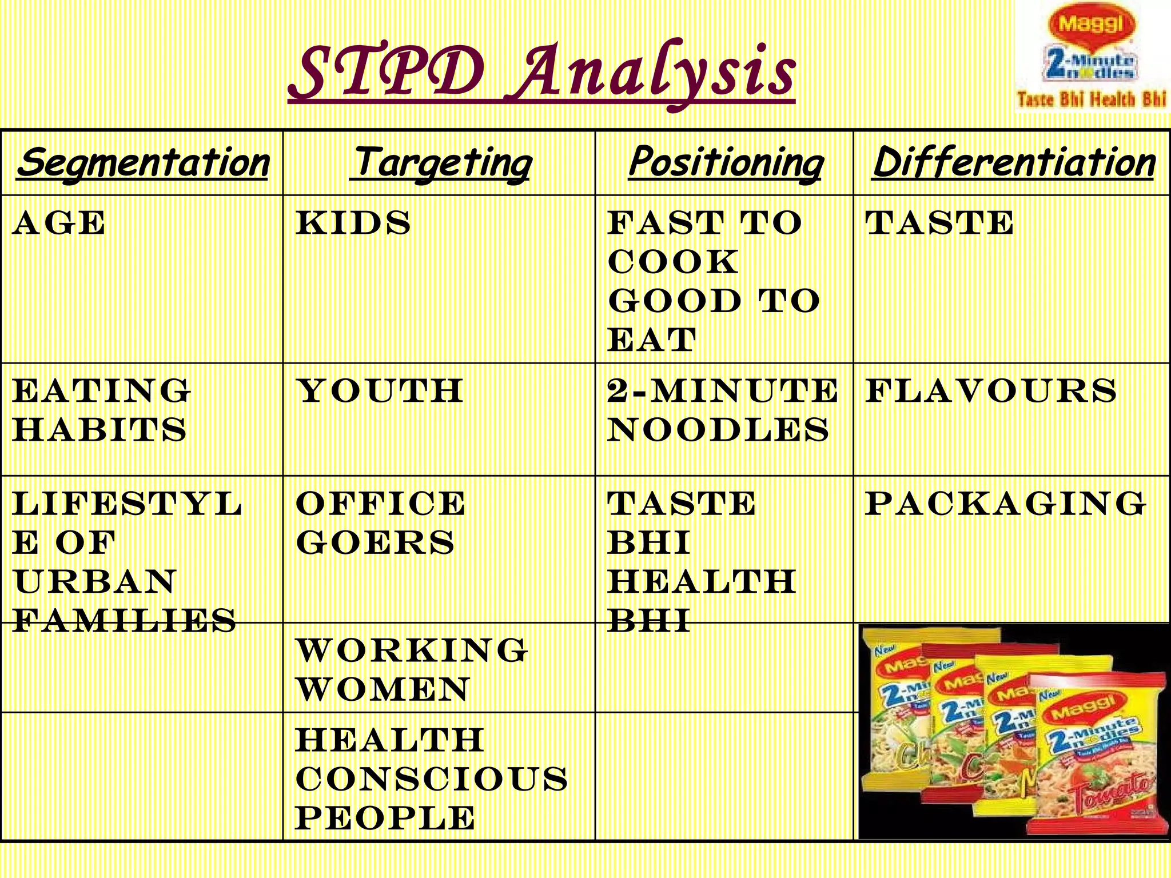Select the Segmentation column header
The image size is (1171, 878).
[143, 162]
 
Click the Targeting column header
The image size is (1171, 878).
[440, 162]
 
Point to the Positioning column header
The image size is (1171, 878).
[725, 162]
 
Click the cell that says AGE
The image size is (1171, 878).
[59, 223]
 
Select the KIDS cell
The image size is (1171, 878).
[353, 223]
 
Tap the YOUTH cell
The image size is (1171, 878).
[380, 392]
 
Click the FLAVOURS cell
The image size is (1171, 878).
[990, 392]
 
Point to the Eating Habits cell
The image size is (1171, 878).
[101, 410]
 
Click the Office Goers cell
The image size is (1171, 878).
[380, 523]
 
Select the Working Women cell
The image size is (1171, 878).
[411, 669]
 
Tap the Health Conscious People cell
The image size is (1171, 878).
[431, 779]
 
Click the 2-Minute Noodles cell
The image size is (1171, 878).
[722, 410]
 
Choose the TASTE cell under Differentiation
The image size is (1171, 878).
[939, 223]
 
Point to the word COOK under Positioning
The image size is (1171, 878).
[673, 262]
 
